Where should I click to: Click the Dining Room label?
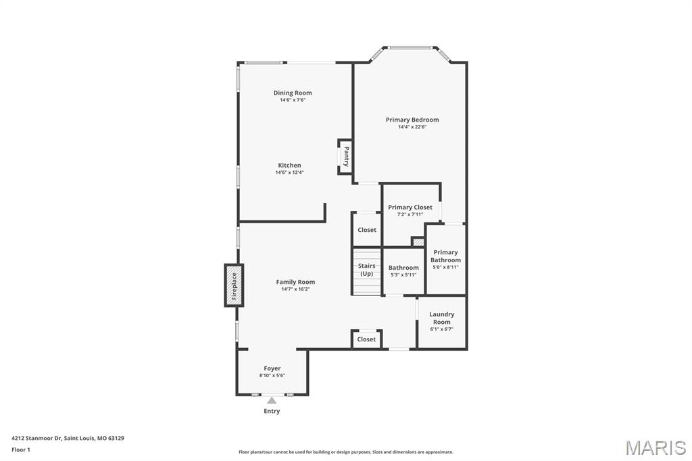point(293,93)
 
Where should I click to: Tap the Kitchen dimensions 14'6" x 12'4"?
point(289,172)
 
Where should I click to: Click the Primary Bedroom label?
point(412,120)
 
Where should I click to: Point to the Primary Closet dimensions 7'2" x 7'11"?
point(410,214)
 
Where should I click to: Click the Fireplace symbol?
point(234,285)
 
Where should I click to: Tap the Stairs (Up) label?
point(366,270)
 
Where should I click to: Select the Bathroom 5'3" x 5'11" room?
point(403,271)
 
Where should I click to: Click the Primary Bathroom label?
point(445,256)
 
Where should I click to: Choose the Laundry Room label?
point(442,318)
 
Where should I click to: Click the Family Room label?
point(295,282)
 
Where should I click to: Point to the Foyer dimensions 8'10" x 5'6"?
point(272,376)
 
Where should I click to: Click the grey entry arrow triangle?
point(272,400)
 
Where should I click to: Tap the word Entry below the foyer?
point(272,411)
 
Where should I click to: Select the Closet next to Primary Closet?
point(367,230)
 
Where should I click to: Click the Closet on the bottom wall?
point(366,339)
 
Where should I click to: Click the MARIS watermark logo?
point(656,447)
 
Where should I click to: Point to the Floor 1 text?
point(21,450)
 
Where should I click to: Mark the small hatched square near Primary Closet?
point(418,241)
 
